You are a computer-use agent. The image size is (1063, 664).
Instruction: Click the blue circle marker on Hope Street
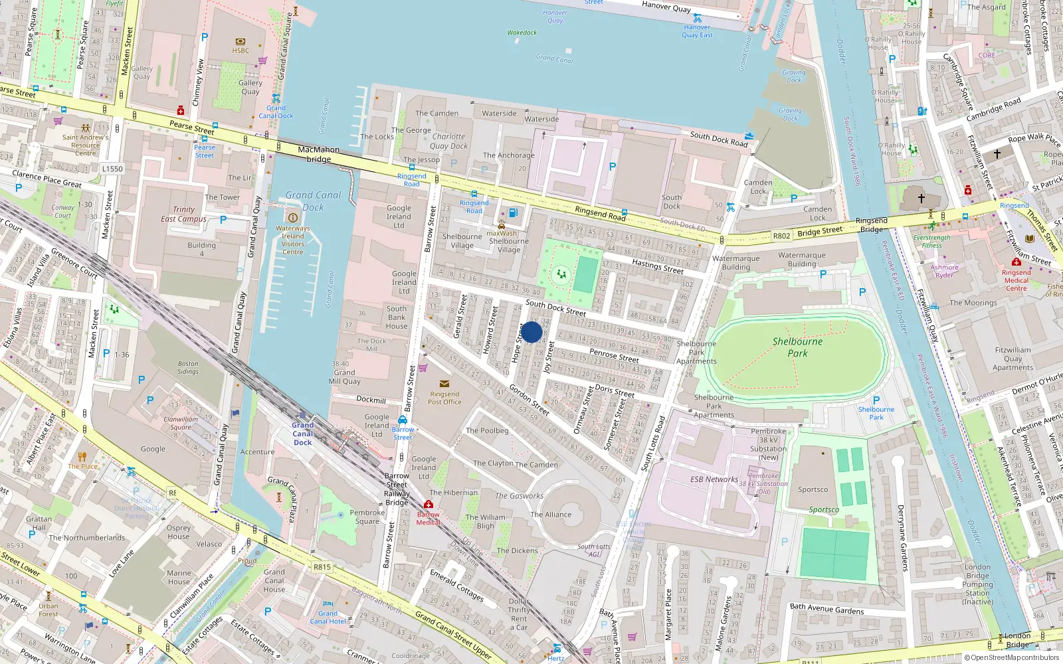coord(531,332)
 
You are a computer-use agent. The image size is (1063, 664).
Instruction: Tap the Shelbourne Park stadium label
coord(797,347)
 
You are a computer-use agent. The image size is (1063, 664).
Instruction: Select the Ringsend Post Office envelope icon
coord(444,384)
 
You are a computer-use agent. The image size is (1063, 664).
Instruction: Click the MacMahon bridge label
coord(319,154)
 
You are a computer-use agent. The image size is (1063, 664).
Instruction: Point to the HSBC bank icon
coord(241,41)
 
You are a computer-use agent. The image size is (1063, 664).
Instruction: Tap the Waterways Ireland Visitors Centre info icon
coord(292,218)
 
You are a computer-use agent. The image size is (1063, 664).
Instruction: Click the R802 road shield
coord(781,236)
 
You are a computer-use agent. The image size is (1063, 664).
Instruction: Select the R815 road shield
coord(322,567)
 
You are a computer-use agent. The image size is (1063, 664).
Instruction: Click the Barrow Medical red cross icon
coord(429,505)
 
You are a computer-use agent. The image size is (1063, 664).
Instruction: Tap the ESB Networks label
coord(714,479)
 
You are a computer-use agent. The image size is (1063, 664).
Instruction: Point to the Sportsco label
coord(813,489)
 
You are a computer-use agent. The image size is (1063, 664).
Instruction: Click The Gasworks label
coord(519,495)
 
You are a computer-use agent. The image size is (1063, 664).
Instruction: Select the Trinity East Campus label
coord(183,214)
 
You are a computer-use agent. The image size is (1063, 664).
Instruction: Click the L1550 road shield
coord(112,169)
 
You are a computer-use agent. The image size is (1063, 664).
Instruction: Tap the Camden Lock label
coord(758,187)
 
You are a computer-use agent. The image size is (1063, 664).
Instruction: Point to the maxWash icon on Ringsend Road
coord(502,225)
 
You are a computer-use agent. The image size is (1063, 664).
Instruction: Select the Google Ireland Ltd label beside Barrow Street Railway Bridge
coord(423,467)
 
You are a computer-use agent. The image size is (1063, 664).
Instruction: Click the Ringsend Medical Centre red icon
coord(1016,262)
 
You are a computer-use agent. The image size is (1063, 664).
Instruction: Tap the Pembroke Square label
coord(367,517)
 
